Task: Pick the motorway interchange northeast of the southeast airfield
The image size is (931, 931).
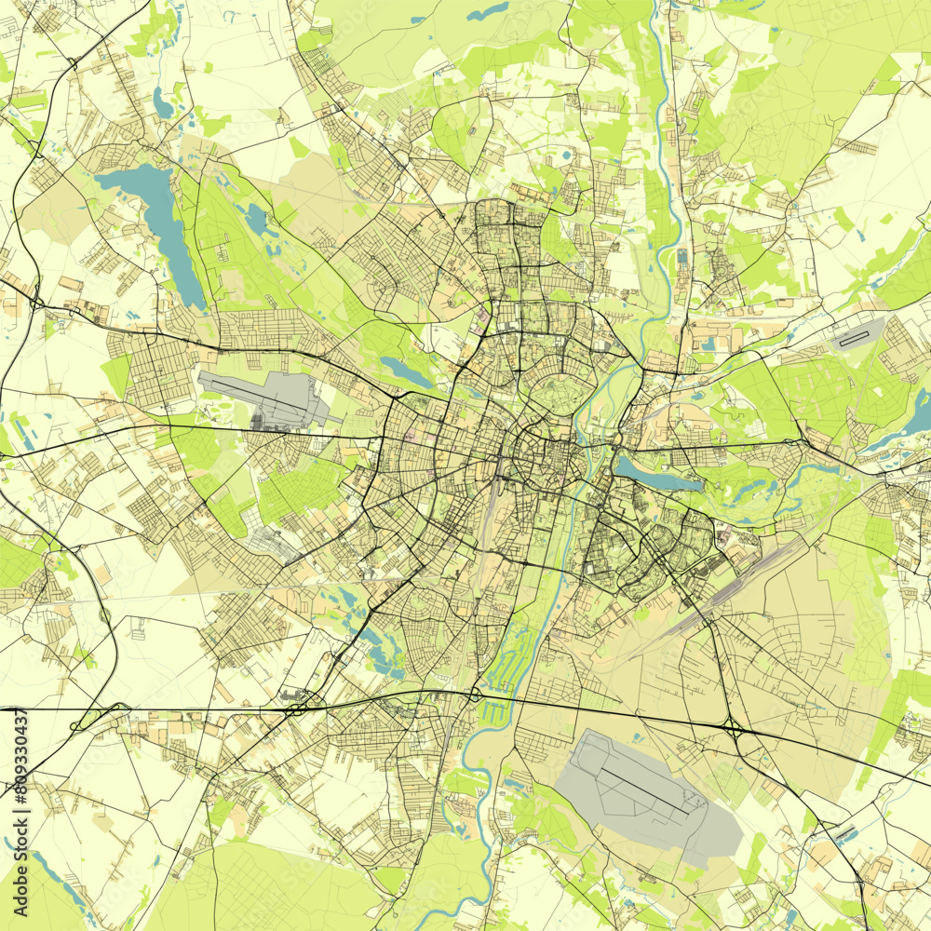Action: click(734, 729)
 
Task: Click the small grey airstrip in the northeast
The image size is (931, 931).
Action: click(857, 333)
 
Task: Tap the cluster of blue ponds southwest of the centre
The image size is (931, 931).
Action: click(377, 642)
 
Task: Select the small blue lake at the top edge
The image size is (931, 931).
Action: click(489, 11)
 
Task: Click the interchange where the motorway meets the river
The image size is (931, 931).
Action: click(475, 694)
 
